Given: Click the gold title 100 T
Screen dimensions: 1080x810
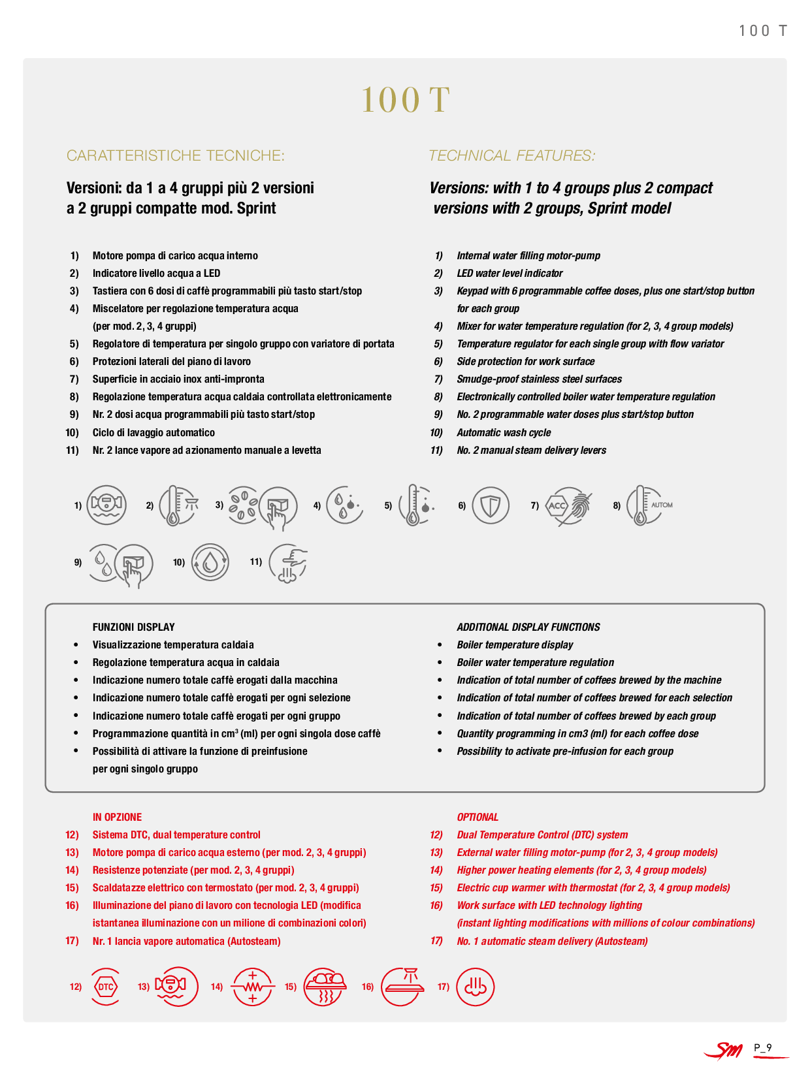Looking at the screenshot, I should [405, 100].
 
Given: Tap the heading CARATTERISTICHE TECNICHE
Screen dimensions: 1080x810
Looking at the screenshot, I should [175, 155].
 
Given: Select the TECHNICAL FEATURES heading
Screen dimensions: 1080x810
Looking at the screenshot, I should [511, 155].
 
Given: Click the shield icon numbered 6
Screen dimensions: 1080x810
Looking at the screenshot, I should [491, 505].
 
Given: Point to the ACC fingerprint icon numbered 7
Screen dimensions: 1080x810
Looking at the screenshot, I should [569, 505].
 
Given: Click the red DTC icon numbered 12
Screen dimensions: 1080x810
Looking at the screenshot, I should [106, 987].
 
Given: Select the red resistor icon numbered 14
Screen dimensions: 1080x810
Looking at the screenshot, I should [253, 987].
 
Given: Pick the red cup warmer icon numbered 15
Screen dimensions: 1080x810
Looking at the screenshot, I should [325, 987].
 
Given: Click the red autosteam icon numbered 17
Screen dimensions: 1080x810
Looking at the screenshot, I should [475, 987].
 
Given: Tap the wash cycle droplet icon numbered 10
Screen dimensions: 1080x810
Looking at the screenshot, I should [210, 562].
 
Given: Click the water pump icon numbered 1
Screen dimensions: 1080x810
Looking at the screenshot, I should [107, 505].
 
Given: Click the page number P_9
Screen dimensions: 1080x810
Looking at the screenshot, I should [763, 1048].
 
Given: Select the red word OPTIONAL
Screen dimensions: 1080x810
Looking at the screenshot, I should [478, 817].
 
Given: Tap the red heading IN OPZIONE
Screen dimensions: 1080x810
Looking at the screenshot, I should [117, 817].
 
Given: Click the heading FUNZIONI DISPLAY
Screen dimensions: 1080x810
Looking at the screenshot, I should [133, 627].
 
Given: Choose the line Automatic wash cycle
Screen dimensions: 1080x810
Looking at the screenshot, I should [504, 432].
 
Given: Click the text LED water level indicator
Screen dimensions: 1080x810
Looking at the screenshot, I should [510, 273].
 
